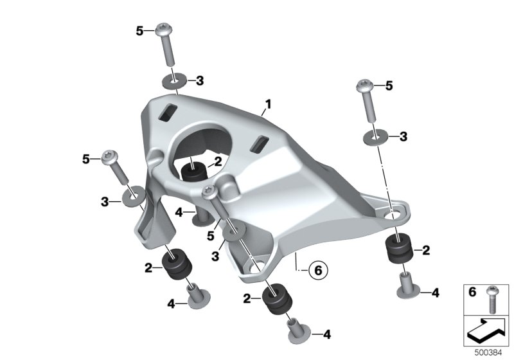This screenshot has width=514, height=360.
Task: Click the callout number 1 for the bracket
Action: (268, 105)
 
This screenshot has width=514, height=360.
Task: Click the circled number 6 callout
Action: (318, 271)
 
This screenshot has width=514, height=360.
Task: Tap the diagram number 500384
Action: (488, 353)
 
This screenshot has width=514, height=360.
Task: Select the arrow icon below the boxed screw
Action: (487, 330)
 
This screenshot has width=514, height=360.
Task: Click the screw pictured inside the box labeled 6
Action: (492, 299)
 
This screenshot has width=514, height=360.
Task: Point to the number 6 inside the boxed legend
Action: (472, 291)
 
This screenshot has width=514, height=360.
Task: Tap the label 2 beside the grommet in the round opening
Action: (218, 161)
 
